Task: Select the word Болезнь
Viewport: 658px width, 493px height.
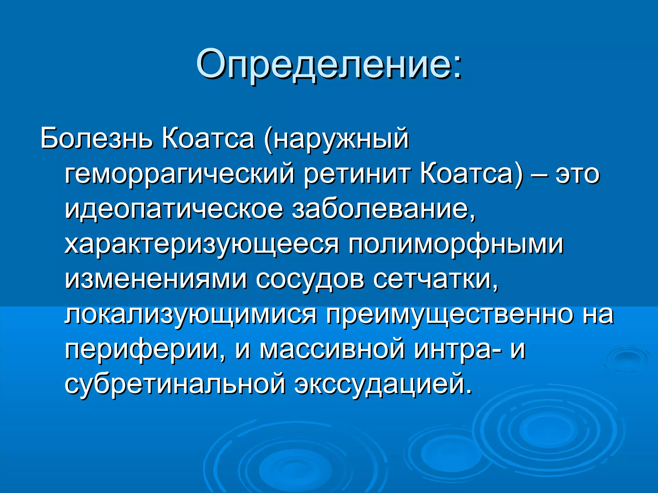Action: [x=96, y=139]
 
